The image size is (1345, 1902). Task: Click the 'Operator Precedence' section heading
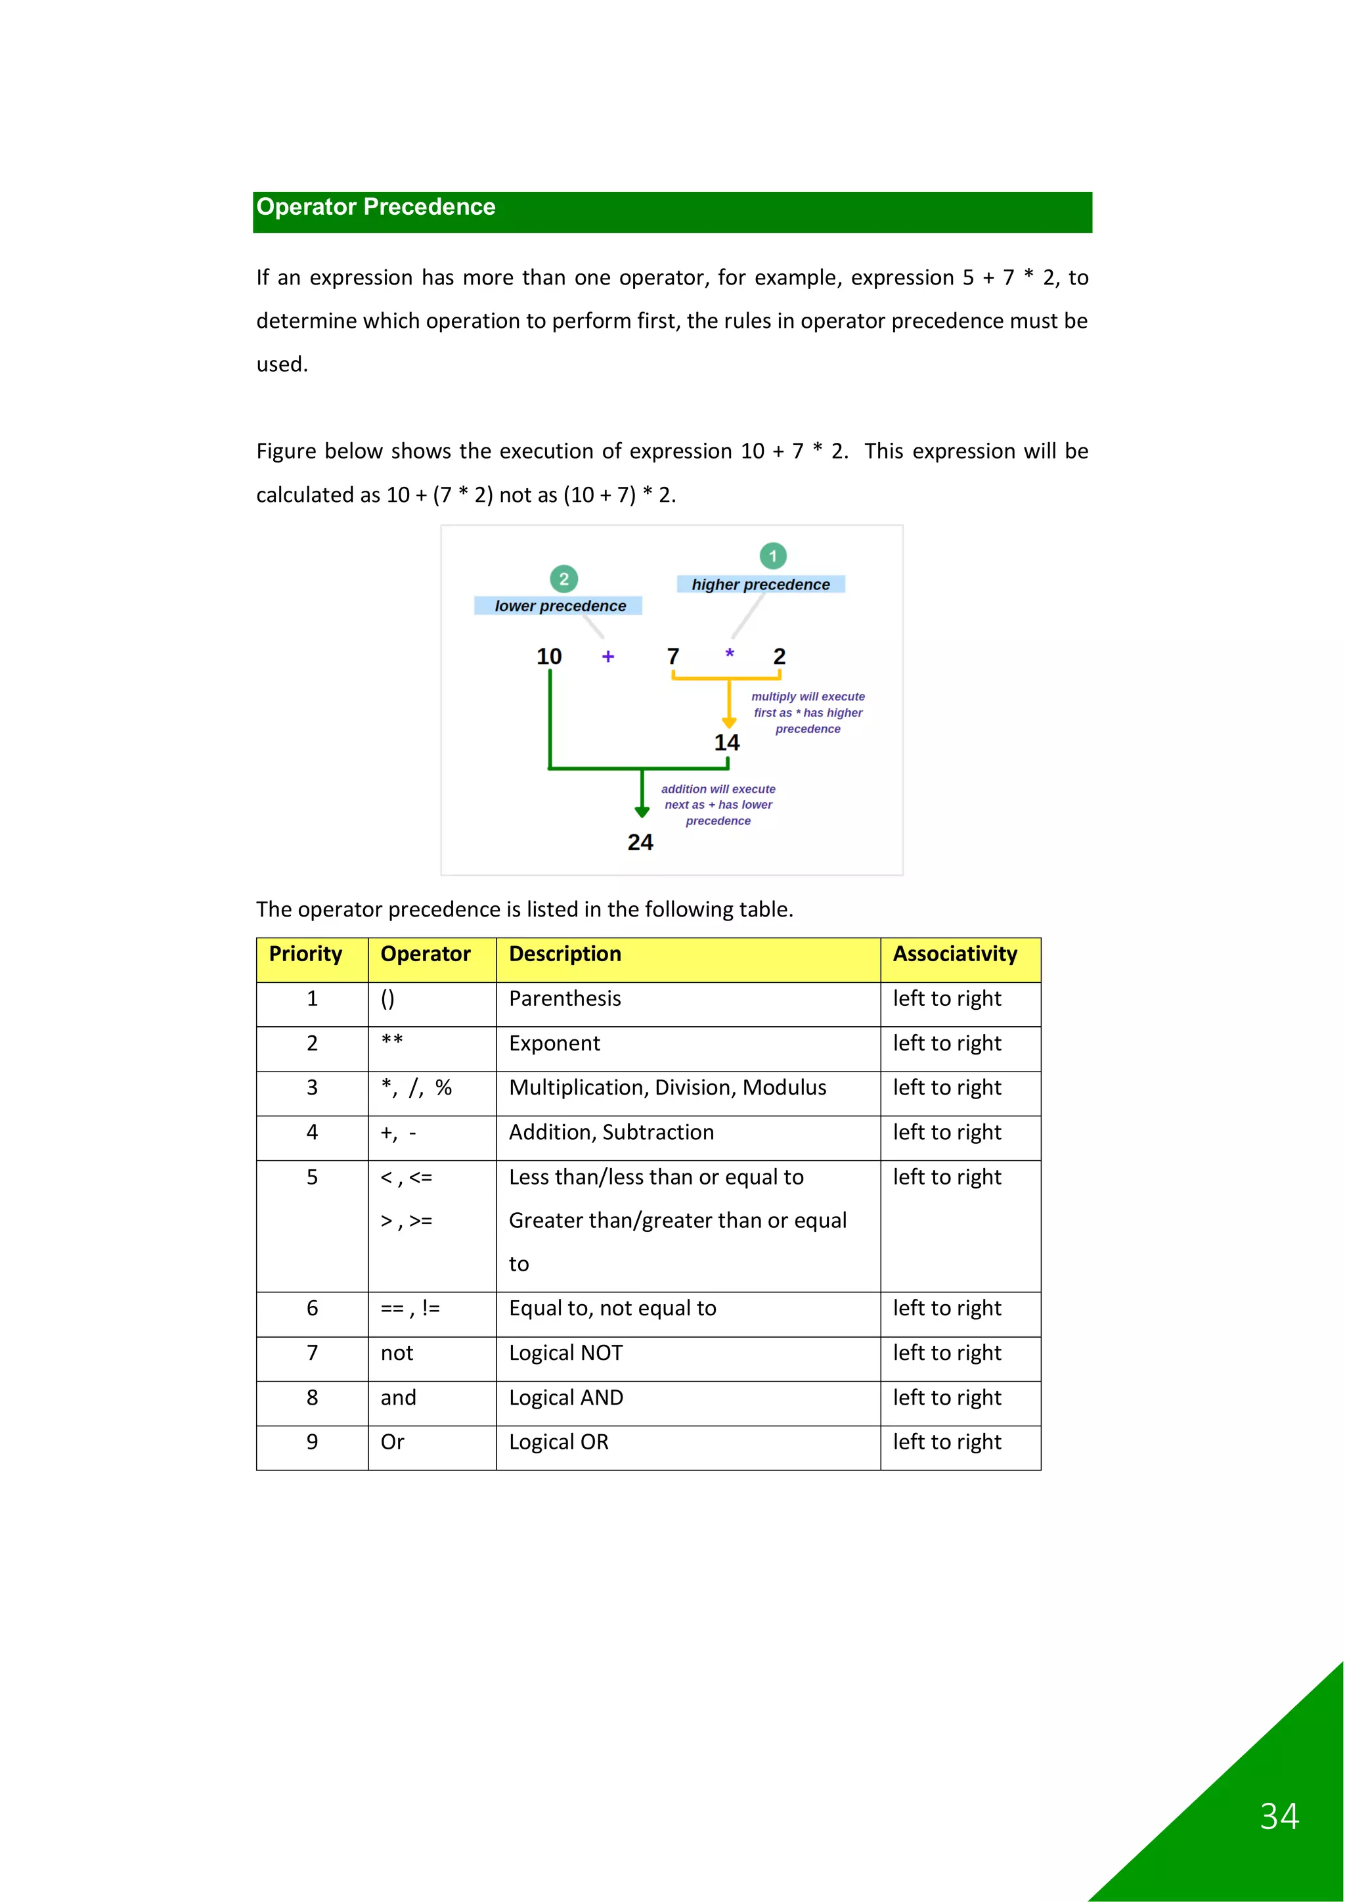click(x=376, y=207)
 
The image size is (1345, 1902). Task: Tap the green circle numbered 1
click(x=773, y=556)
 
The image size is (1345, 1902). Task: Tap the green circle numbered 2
click(x=564, y=579)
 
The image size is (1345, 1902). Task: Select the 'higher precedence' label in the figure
click(x=761, y=585)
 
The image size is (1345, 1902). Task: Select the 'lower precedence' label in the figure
click(x=560, y=606)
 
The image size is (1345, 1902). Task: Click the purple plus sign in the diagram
click(x=608, y=657)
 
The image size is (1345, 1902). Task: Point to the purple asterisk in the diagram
click(x=730, y=654)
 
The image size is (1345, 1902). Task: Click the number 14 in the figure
click(x=726, y=743)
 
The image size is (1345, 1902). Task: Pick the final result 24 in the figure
click(x=640, y=842)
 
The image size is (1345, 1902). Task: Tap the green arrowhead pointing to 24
click(x=642, y=812)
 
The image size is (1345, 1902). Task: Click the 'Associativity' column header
click(x=954, y=955)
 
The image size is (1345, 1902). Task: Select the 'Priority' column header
click(x=305, y=955)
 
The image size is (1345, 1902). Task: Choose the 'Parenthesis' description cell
click(x=565, y=999)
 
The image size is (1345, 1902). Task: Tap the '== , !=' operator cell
click(x=410, y=1309)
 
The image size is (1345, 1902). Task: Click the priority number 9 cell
click(x=312, y=1443)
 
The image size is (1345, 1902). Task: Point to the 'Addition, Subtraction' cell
click(x=611, y=1133)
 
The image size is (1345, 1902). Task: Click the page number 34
click(x=1279, y=1817)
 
